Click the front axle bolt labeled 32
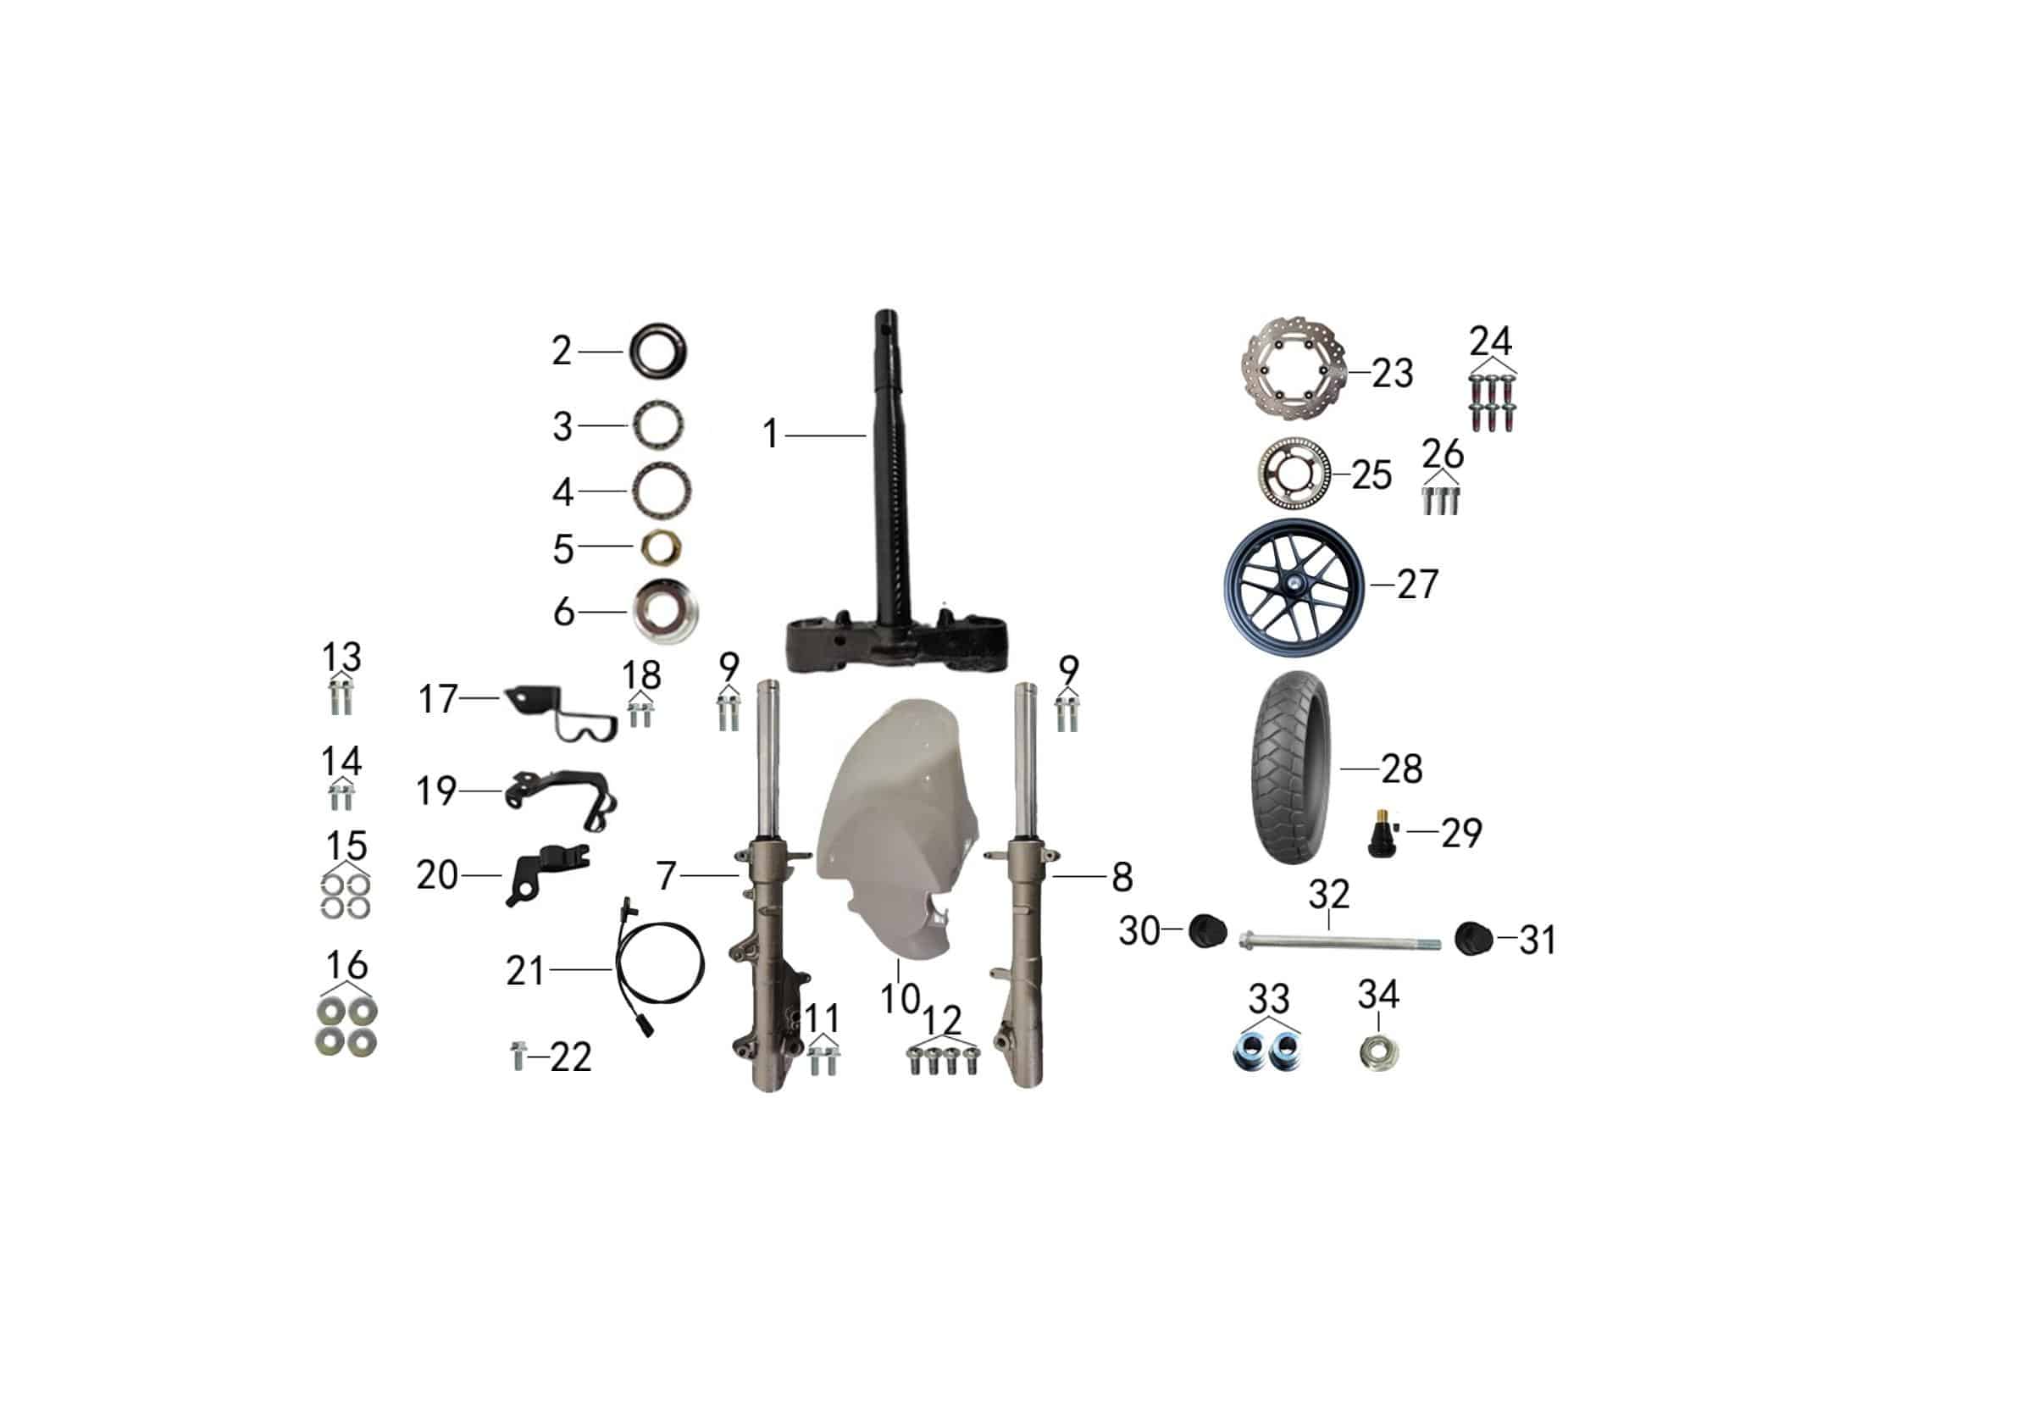(x=1339, y=944)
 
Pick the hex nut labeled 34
(x=1378, y=1050)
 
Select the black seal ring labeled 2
(x=658, y=352)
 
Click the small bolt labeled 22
(x=517, y=1055)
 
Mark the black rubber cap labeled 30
(x=1206, y=930)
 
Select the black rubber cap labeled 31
(x=1474, y=938)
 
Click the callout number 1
(x=770, y=434)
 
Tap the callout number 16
(x=347, y=965)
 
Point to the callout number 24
(x=1491, y=341)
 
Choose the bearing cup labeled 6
(x=667, y=612)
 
